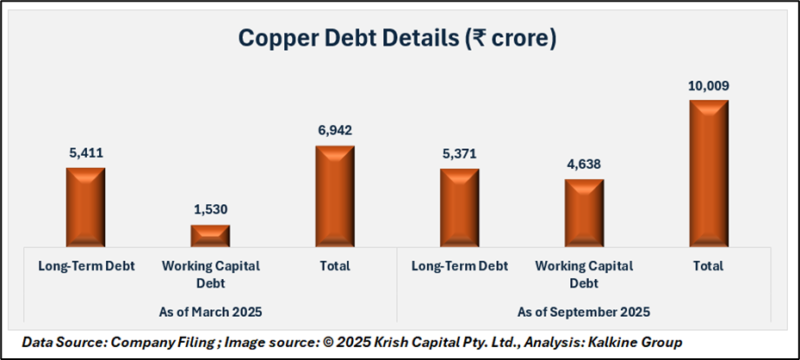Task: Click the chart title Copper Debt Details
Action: (397, 39)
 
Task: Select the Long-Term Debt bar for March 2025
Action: (85, 207)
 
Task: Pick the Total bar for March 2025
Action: (334, 196)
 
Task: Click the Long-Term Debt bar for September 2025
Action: (459, 208)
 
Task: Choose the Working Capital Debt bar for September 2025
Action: (584, 213)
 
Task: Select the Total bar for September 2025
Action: (708, 173)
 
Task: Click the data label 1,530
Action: (210, 209)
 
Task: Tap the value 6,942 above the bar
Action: (334, 130)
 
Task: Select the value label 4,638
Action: (584, 164)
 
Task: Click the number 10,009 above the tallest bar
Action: (708, 85)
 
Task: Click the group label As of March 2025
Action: (209, 311)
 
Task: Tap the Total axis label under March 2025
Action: (334, 266)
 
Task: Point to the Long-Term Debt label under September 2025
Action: (459, 266)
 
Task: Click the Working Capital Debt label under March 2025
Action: (210, 273)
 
